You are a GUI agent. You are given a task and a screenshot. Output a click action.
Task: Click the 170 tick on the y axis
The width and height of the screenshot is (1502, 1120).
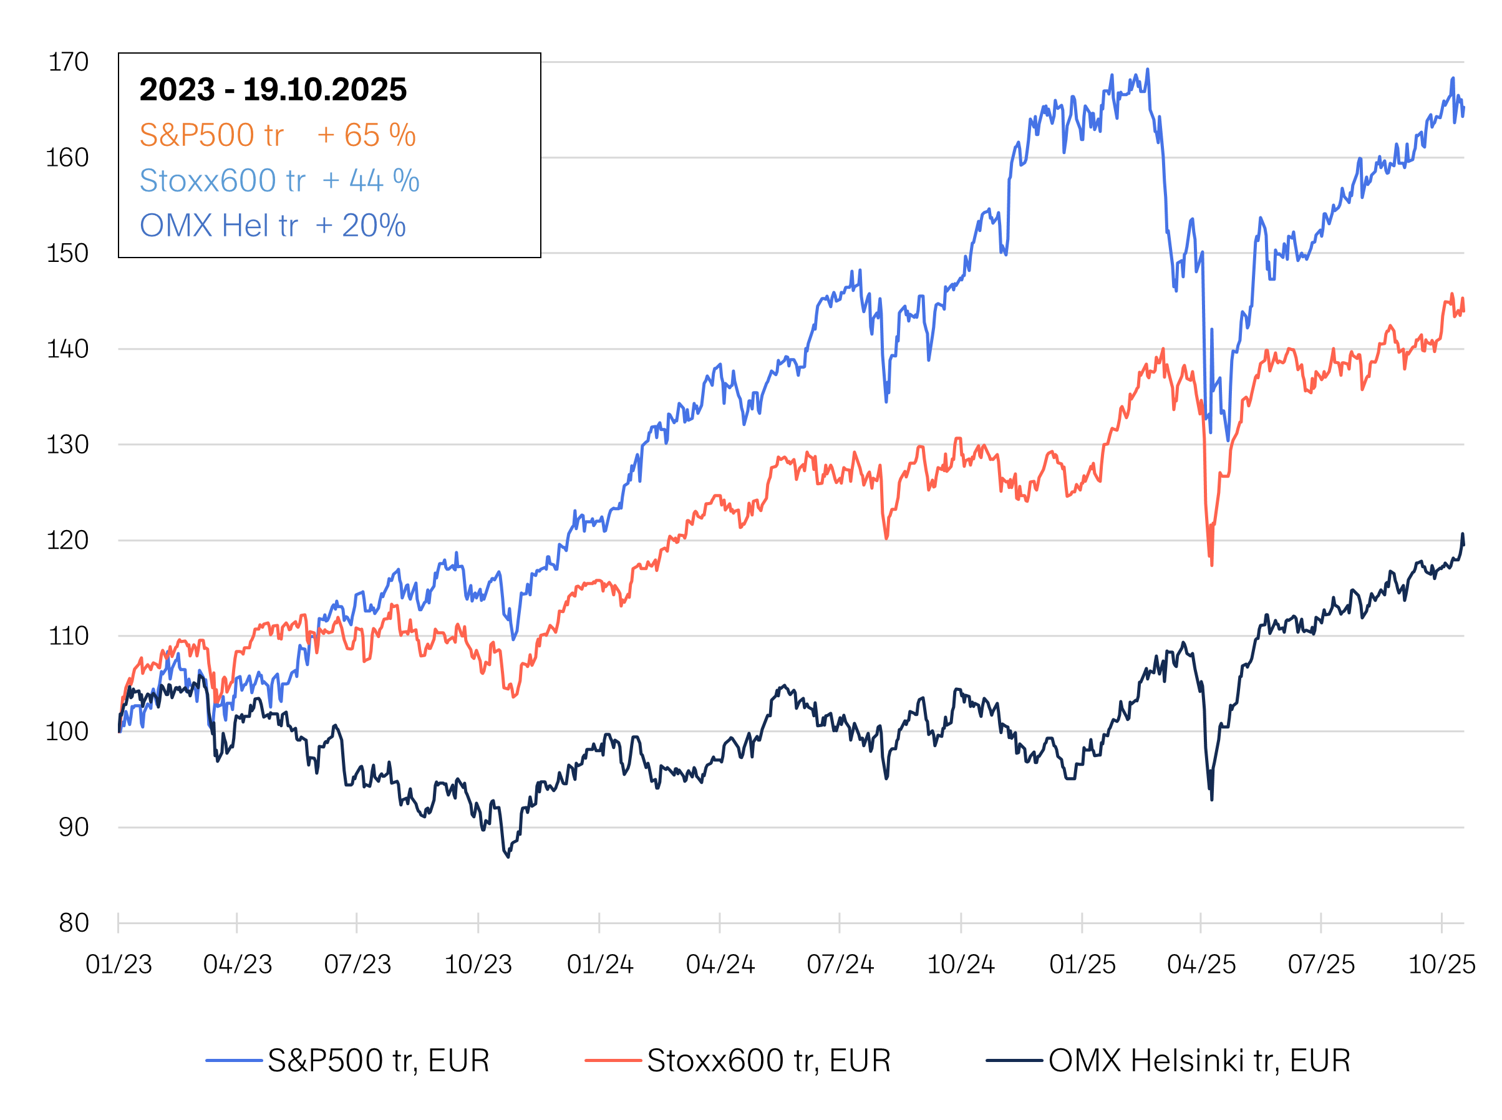pos(68,62)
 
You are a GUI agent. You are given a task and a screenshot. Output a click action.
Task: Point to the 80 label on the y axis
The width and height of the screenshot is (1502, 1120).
pos(73,923)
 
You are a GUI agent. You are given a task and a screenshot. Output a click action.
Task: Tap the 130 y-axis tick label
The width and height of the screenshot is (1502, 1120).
pos(68,445)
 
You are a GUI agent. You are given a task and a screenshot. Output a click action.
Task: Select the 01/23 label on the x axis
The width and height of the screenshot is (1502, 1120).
pos(119,964)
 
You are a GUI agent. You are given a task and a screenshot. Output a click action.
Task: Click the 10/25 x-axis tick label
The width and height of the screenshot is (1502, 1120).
pos(1441,964)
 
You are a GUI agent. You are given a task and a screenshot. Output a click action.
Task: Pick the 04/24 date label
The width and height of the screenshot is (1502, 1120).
pos(719,964)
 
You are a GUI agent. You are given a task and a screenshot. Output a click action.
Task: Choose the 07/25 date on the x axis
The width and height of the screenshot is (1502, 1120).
pos(1321,964)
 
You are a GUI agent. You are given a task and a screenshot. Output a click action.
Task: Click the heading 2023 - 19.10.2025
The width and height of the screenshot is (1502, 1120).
pos(273,90)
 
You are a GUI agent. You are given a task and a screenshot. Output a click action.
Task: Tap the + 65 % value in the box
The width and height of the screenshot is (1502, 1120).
pos(366,135)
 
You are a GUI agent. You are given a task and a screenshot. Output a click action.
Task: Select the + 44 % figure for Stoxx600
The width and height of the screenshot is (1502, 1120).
pos(371,180)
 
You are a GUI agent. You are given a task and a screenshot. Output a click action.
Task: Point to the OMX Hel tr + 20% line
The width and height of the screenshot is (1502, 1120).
pos(273,226)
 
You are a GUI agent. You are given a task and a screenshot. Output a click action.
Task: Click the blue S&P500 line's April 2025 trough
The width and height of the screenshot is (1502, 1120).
pos(1228,441)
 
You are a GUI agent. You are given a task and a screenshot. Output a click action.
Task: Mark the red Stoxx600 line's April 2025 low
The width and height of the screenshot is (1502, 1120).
pos(1212,565)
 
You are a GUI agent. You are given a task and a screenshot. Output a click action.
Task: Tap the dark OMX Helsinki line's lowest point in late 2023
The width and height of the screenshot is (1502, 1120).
pos(508,857)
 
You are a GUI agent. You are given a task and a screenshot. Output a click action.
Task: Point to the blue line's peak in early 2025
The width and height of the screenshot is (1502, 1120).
pos(1147,69)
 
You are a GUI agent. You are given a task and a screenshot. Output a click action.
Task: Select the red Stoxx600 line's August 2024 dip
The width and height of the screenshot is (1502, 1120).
pos(886,539)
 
